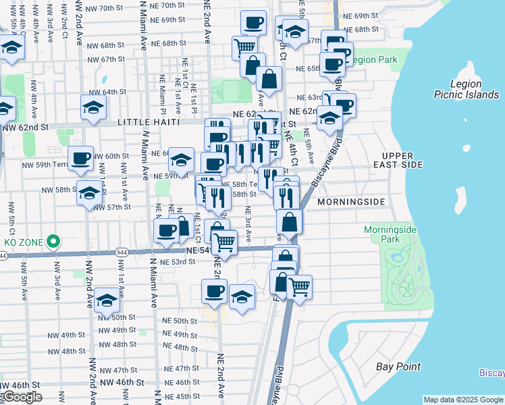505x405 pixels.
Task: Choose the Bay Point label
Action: pyautogui.click(x=398, y=367)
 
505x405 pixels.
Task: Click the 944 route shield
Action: pyautogui.click(x=3, y=256)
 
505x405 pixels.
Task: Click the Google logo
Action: pyautogui.click(x=22, y=397)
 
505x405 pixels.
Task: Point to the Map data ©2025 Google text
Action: pyautogui.click(x=462, y=400)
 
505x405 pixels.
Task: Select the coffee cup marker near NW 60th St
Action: pyautogui.click(x=80, y=158)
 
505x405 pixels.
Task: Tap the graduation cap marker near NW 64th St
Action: pyautogui.click(x=94, y=107)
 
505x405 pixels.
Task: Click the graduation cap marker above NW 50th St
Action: pyautogui.click(x=107, y=300)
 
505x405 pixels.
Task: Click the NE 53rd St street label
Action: pyautogui.click(x=179, y=261)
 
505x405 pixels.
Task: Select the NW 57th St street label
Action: pyautogui.click(x=113, y=207)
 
